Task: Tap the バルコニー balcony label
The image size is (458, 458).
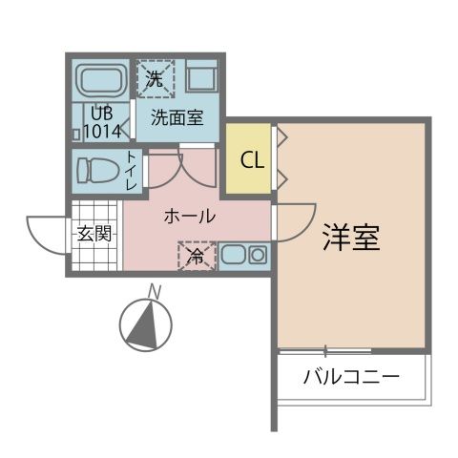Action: coord(350,375)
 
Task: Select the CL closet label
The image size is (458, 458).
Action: coord(251,160)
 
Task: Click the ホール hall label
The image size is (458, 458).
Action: coord(189,217)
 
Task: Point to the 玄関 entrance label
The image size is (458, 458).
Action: coord(94,232)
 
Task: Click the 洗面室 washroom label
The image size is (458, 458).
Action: coord(177,119)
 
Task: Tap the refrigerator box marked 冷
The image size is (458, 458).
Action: coord(196,256)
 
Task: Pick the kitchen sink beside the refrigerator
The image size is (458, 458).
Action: coord(243,255)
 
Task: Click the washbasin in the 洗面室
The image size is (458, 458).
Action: coord(202,77)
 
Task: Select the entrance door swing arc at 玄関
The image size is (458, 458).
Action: coord(46,234)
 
